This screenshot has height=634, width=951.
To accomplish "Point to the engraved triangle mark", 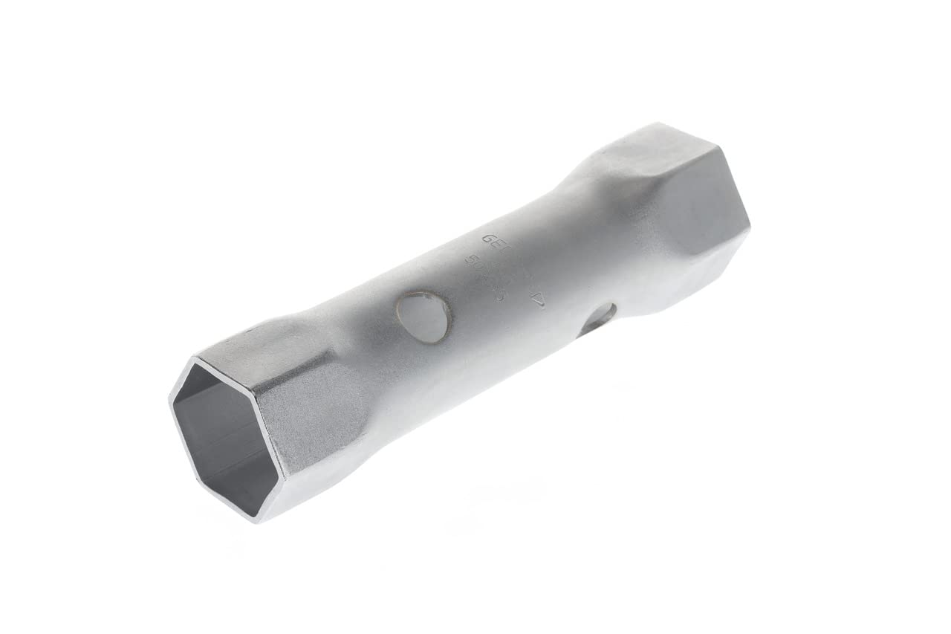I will [538, 301].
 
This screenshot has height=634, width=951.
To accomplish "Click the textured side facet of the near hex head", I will [312, 416].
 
